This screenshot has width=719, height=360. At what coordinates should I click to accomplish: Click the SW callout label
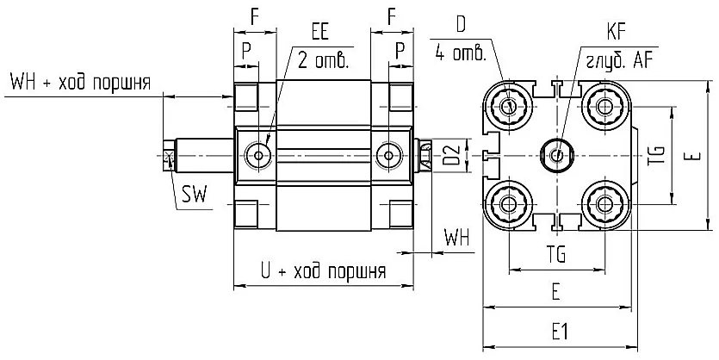click(x=195, y=195)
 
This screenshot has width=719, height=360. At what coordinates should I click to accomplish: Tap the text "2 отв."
click(x=323, y=60)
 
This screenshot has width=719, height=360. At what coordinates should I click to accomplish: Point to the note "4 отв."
click(x=461, y=53)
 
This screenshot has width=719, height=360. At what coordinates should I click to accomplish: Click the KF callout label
click(x=616, y=33)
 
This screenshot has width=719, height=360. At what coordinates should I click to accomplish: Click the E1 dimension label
click(x=560, y=332)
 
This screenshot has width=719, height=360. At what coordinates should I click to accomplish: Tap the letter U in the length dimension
click(x=265, y=270)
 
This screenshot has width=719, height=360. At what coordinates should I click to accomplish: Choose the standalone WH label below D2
click(x=456, y=238)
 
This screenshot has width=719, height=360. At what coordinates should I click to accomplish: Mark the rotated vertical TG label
click(x=657, y=156)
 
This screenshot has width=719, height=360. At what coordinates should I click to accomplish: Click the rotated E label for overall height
click(x=695, y=156)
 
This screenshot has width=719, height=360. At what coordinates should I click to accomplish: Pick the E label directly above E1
click(x=555, y=292)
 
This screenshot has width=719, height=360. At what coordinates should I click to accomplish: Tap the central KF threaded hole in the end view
click(x=557, y=156)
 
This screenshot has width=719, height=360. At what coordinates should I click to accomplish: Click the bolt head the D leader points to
click(x=509, y=106)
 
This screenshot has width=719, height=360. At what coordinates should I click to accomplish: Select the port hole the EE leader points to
click(x=258, y=156)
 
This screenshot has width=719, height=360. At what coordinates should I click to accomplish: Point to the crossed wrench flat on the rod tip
click(x=169, y=156)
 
